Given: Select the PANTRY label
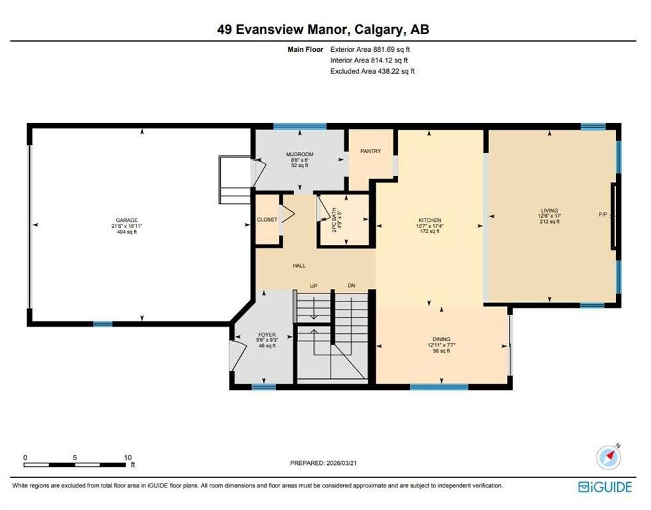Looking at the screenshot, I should coord(370,151).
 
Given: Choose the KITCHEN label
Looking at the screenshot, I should coord(429,220).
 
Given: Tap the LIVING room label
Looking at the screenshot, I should coord(549,211).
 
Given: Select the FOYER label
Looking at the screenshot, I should coord(266,335).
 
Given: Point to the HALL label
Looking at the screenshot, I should coord(299,266).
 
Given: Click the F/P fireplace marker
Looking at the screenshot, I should coord(603,214).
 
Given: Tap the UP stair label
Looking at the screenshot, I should coord(315,286).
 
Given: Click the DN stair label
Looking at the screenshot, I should coord(352,286).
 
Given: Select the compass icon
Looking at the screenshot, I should coord(608,458).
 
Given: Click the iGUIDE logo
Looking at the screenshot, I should coord(605,487).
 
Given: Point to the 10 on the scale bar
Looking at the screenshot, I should coord(128,458).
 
